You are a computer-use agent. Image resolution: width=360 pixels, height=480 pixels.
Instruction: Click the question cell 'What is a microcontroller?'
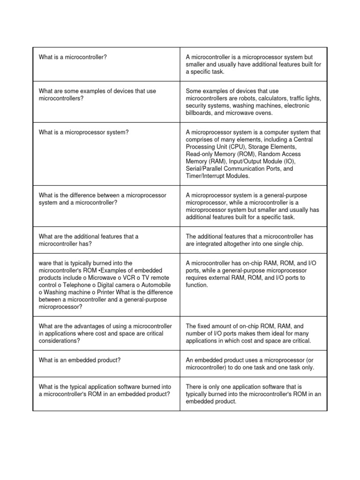point(73,57)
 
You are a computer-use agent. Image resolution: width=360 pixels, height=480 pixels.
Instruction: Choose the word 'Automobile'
point(154,285)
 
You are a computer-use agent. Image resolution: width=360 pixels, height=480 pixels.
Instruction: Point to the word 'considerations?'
point(59,341)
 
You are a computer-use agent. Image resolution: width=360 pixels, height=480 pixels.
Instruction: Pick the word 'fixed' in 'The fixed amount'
point(206,326)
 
